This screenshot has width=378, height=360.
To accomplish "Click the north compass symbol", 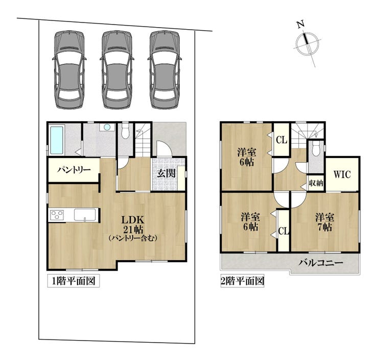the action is coord(308,44).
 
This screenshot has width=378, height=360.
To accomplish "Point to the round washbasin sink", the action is coord(107,127).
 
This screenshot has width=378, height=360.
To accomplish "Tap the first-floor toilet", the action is coord(125,131).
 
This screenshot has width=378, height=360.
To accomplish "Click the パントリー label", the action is coord(74,170).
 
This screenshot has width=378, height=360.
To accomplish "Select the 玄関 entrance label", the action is coord(166,173).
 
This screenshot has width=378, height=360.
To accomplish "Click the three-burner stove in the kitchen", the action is coord(57,215).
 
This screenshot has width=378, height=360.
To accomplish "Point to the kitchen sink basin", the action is coord(85,214).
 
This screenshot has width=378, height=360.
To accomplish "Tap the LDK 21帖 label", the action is coord(133,224).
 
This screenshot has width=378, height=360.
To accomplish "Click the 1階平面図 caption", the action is coord(74,281).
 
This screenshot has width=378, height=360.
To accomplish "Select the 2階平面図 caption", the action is coord(242,281).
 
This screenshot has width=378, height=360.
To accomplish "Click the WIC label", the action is coord(342,174).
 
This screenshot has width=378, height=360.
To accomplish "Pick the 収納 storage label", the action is coord(316,183).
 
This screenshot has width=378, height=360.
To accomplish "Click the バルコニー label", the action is coord(321,263).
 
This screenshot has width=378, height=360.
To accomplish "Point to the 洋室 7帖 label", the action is coord(325,222).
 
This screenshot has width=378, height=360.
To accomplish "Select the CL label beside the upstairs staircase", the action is coord(281,140).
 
